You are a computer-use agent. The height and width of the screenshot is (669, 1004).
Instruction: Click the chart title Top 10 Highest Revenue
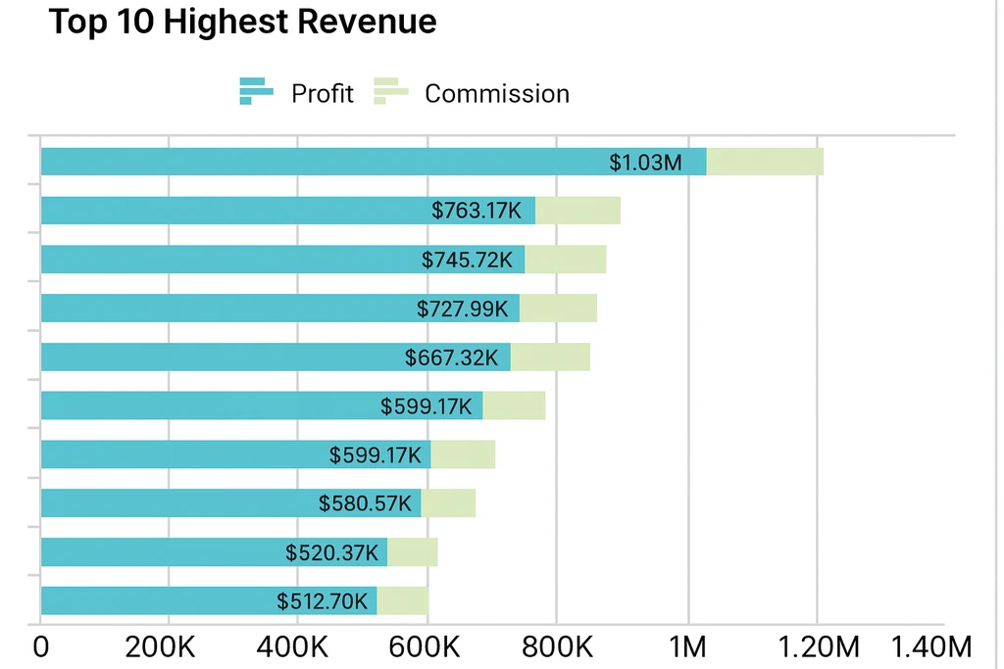click(x=242, y=22)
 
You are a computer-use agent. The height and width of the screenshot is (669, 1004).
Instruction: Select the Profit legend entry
click(x=296, y=93)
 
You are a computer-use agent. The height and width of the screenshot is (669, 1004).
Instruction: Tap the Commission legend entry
click(x=472, y=93)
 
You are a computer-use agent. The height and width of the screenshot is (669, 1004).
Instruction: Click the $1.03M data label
click(x=645, y=163)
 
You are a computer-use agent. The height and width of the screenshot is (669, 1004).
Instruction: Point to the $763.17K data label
click(x=477, y=211)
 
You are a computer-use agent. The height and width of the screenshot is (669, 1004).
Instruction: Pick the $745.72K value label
click(x=467, y=260)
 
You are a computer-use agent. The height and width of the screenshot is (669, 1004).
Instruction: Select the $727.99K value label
click(x=462, y=309)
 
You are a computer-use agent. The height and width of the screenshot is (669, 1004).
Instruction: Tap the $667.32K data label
click(x=451, y=358)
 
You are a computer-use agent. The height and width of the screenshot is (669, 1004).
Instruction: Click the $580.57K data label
click(x=365, y=503)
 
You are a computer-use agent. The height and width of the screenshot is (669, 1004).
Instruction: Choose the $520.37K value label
click(x=331, y=552)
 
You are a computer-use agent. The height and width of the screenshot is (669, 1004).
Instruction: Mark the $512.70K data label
click(x=322, y=600)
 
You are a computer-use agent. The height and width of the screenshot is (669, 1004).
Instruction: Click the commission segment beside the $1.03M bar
click(x=765, y=162)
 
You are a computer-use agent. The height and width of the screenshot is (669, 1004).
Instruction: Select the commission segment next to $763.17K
click(x=577, y=211)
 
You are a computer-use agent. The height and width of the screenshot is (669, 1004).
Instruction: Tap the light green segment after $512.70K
click(x=402, y=600)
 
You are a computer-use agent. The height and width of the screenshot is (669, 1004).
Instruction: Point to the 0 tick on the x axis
click(x=40, y=647)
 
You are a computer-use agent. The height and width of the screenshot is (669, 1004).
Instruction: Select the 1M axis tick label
click(x=687, y=647)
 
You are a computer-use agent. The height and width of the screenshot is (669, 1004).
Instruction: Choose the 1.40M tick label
click(x=930, y=647)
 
